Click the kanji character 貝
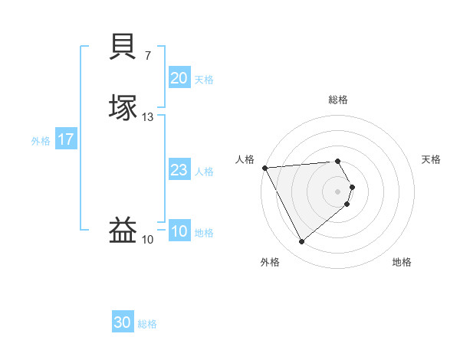(123, 47)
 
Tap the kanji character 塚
(123, 107)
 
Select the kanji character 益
(123, 231)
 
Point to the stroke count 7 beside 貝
(148, 55)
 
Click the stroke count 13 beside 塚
(148, 117)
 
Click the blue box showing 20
(179, 77)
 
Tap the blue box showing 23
(179, 170)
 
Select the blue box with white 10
(179, 231)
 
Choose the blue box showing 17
(65, 139)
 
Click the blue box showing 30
(122, 322)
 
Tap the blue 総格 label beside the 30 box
(147, 324)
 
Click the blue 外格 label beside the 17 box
(41, 141)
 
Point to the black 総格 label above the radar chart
(338, 100)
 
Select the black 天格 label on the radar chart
(431, 159)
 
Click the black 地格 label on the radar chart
(402, 263)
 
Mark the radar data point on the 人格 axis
(264, 168)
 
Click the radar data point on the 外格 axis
(301, 242)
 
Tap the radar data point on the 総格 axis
(338, 161)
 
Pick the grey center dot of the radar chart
(338, 191)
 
